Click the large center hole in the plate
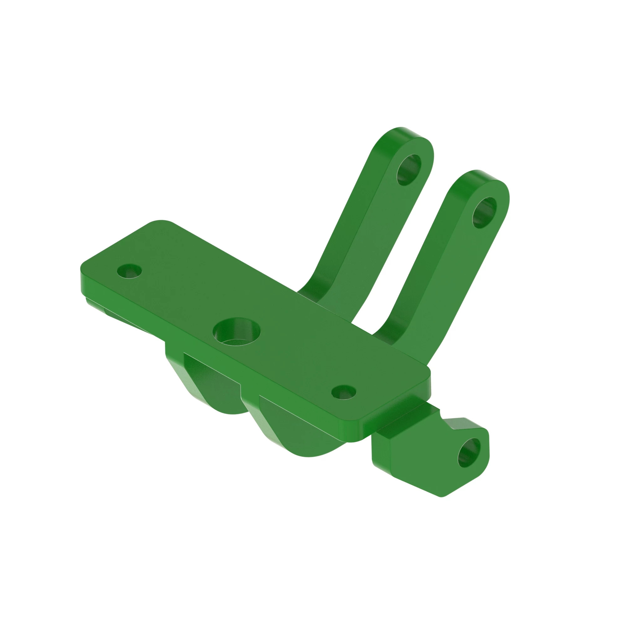pos(237,333)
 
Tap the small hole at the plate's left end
pos(129,271)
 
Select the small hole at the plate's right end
pos(343,392)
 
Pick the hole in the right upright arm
pos(484,213)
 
